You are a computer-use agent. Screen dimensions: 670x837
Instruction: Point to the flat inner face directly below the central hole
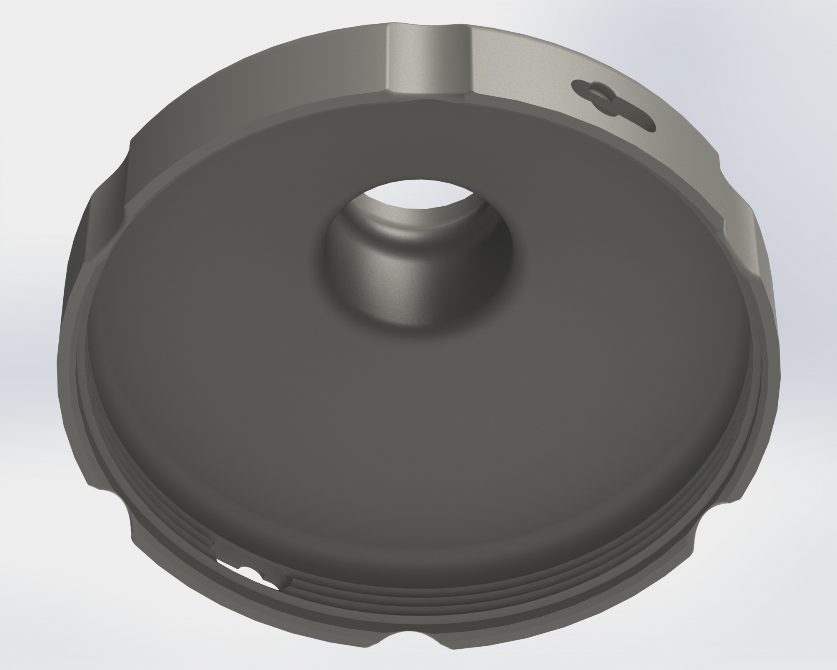coord(416,417)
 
